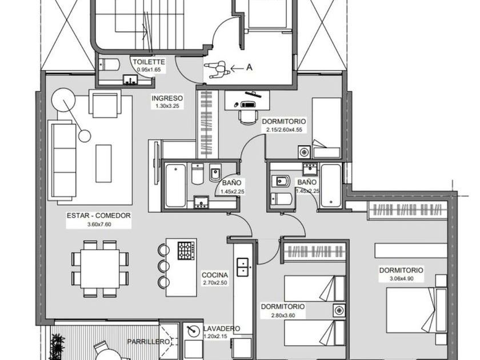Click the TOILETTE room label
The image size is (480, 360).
(149, 62)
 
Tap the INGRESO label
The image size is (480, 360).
(167, 98)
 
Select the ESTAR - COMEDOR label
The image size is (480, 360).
(98, 215)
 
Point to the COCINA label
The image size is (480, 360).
(215, 275)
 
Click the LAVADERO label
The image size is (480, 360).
(222, 329)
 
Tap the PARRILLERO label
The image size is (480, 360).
(149, 342)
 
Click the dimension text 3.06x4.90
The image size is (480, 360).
(401, 279)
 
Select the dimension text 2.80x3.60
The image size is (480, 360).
(283, 315)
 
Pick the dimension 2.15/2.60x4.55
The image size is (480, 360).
(284, 130)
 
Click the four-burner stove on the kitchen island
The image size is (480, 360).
(186, 251)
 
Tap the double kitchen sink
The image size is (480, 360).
(242, 267)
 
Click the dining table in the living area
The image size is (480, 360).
(100, 269)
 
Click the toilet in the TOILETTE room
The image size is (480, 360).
(109, 65)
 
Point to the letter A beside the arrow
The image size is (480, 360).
(250, 67)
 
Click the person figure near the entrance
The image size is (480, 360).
(217, 69)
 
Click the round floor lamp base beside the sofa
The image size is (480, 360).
(85, 135)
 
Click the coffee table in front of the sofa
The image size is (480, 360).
(103, 163)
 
